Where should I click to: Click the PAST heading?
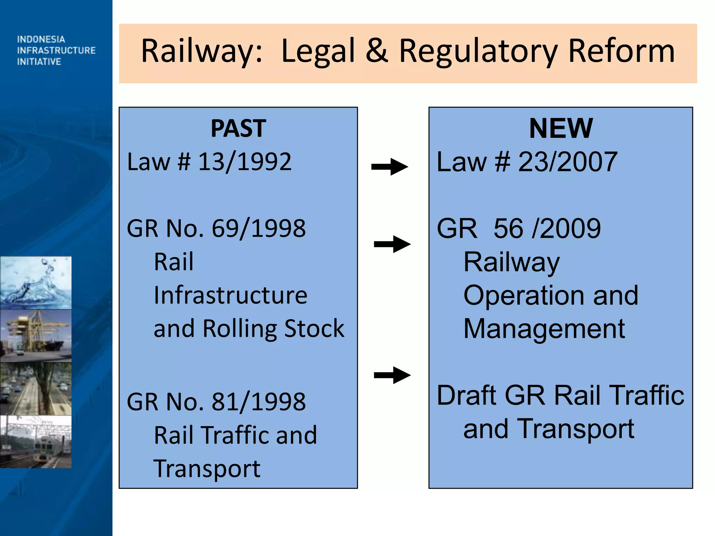click(238, 128)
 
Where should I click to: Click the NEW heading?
click(561, 128)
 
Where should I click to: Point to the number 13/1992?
click(245, 162)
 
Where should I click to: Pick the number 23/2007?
click(568, 162)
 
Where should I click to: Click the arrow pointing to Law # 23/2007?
click(390, 167)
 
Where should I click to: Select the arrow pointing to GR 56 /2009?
click(392, 244)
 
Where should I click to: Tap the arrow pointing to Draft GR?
click(392, 375)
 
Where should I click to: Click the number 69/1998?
click(259, 229)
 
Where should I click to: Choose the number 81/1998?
click(259, 402)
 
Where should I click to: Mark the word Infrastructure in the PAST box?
click(230, 295)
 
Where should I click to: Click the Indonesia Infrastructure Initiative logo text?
click(56, 50)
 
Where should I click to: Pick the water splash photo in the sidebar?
click(36, 283)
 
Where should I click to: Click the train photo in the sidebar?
click(36, 441)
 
